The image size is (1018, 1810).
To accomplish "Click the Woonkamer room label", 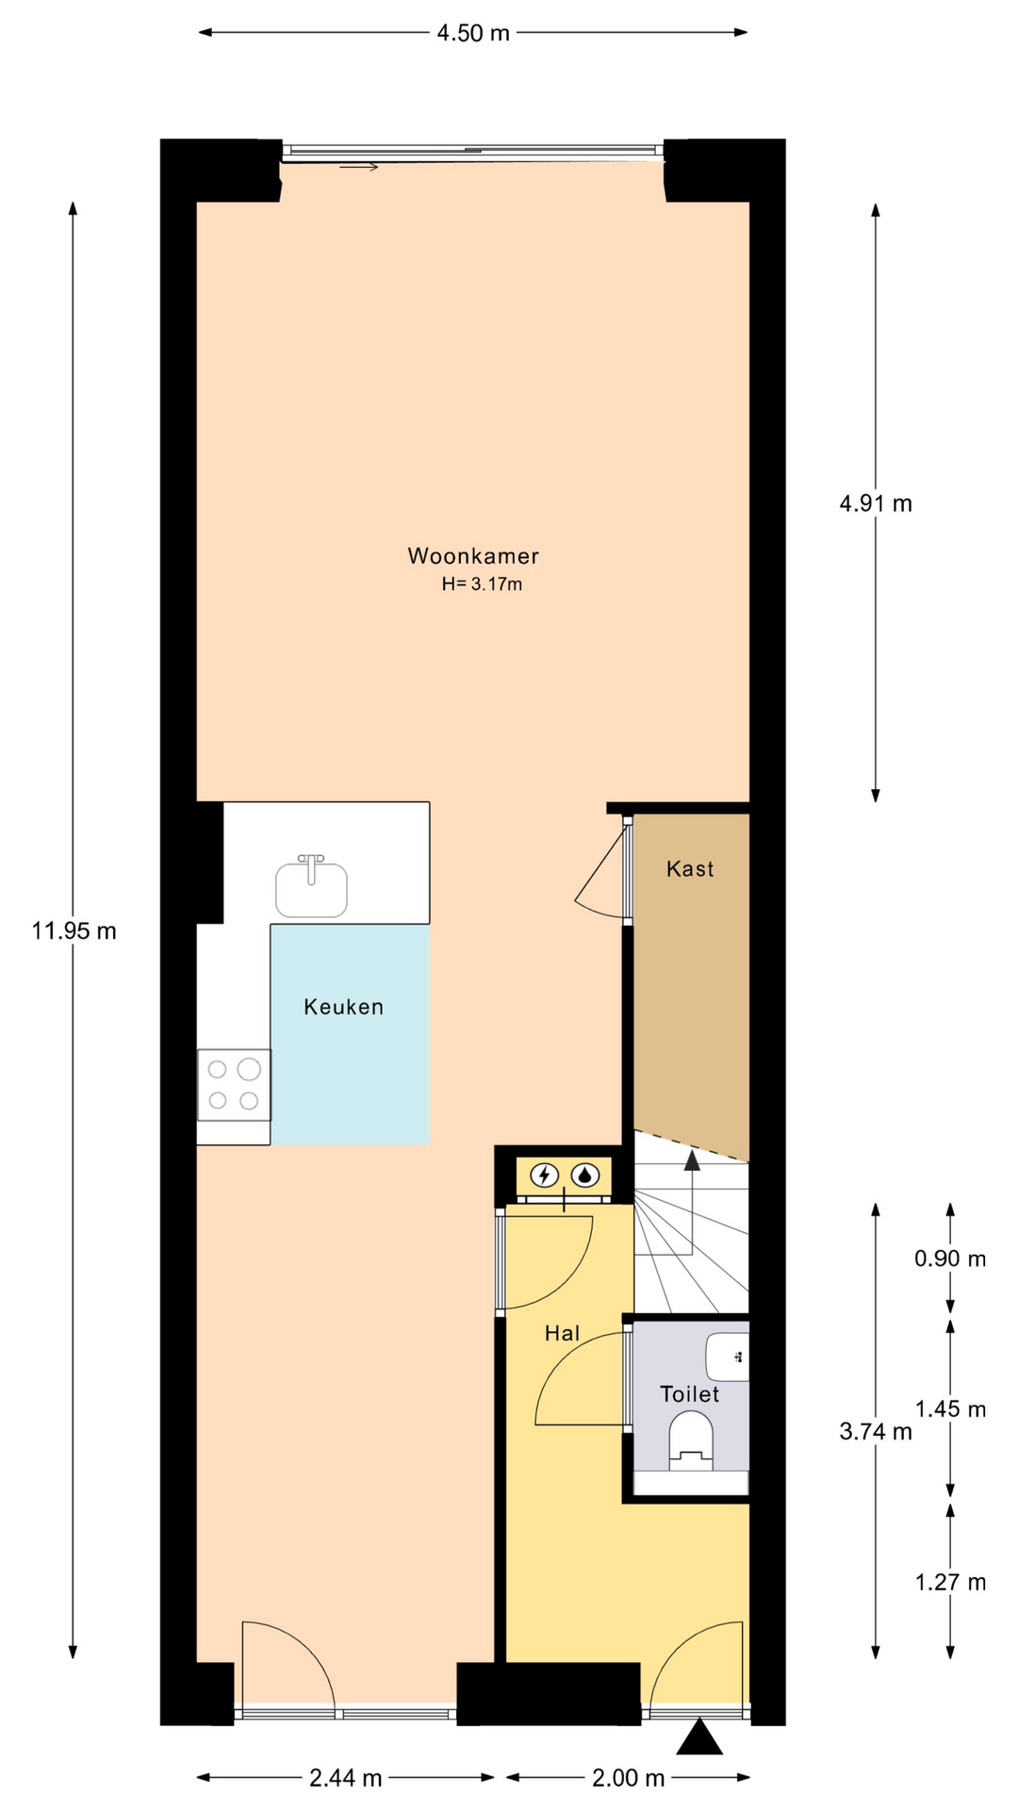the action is point(473,556).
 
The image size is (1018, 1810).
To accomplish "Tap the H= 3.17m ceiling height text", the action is point(482,584).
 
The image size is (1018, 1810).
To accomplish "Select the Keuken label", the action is point(344,1007).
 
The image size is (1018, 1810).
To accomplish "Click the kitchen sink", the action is point(311,886).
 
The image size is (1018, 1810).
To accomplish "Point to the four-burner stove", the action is point(234,1084).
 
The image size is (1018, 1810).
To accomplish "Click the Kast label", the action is point(690,869).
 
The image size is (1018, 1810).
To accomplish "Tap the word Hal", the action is point(563,1333).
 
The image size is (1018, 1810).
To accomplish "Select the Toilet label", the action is point(690,1394).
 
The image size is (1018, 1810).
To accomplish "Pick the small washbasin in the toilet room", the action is point(728,1357).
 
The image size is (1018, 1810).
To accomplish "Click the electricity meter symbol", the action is point(544,1176).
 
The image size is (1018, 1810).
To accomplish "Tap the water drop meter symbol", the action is point(586,1176).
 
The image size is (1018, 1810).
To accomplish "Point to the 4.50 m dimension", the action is point(473,33).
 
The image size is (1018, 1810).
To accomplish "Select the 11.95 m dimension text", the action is point(74,931).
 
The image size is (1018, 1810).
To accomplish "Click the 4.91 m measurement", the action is point(876,503).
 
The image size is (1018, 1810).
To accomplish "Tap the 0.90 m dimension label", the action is point(950,1259).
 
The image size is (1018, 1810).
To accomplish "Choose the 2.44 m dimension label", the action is point(346,1778).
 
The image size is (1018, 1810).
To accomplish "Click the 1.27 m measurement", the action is point(950,1582).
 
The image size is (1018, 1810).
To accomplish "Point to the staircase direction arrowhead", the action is point(692,1160).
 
